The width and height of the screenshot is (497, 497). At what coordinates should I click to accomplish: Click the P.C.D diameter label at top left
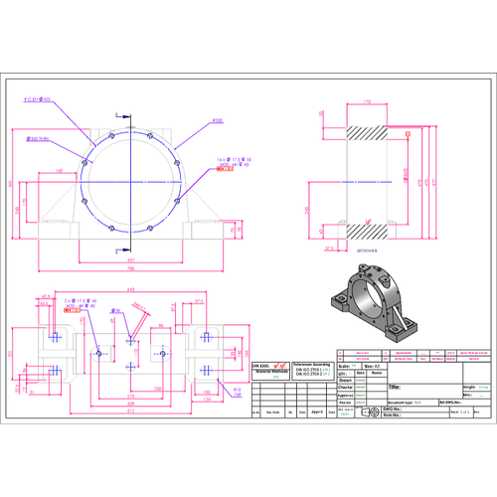pyautogui.click(x=37, y=99)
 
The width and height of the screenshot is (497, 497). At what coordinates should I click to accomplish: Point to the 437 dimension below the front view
pyautogui.click(x=129, y=259)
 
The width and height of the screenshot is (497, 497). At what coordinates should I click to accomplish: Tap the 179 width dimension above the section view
pyautogui.click(x=366, y=101)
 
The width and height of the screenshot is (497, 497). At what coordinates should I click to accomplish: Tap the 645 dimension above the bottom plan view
pyautogui.click(x=129, y=290)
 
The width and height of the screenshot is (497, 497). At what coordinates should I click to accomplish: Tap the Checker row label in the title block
pyautogui.click(x=346, y=387)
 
